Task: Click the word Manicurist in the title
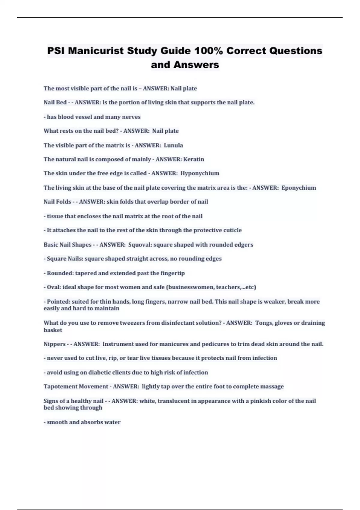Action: pyautogui.click(x=96, y=51)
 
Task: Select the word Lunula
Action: pyautogui.click(x=173, y=145)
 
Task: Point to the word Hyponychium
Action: pyautogui.click(x=200, y=173)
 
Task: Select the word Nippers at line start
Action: pyautogui.click(x=55, y=344)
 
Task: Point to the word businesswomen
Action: pyautogui.click(x=190, y=287)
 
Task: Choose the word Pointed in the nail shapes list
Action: pyautogui.click(x=58, y=301)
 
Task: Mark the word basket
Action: pyautogui.click(x=53, y=330)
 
